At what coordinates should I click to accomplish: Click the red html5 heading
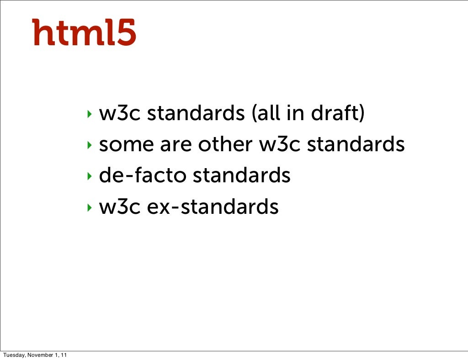[84, 32]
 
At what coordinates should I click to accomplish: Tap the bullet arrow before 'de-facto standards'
[90, 176]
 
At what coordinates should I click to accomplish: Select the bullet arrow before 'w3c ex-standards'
[90, 207]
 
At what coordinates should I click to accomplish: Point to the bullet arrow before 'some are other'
[90, 145]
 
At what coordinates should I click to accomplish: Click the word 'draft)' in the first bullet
[338, 114]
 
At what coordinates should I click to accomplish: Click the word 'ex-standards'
[213, 207]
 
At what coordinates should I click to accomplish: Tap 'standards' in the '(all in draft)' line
[196, 114]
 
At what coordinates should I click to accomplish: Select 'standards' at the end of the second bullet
[356, 145]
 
